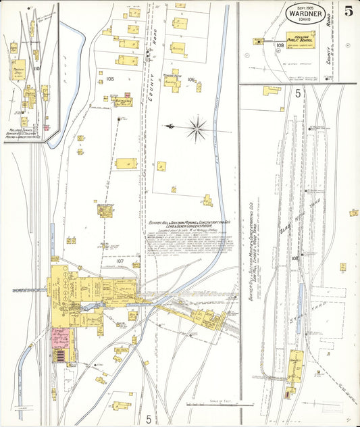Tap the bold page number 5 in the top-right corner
point(348,11)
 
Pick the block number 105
point(110,79)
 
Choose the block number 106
point(191,80)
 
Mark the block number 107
point(120,261)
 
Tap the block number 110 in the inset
point(36,68)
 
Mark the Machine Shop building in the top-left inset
point(18,70)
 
